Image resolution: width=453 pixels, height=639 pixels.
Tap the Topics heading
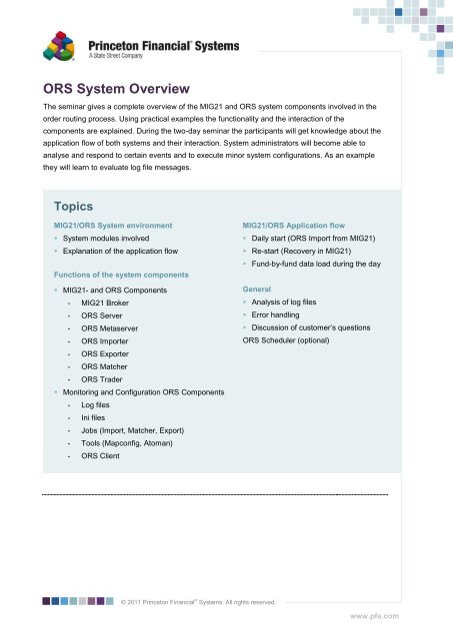pos(76,206)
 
